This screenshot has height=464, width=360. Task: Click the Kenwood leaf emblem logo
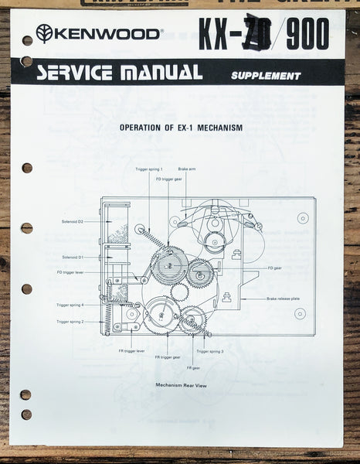click(x=44, y=33)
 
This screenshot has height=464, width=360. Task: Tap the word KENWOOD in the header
click(x=107, y=33)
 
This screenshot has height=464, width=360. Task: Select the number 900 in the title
click(x=307, y=34)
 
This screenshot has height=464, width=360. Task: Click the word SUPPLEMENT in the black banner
click(x=265, y=76)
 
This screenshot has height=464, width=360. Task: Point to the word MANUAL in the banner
click(x=165, y=73)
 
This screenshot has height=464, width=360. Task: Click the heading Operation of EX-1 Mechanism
click(x=182, y=127)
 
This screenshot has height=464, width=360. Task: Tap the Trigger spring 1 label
click(x=148, y=169)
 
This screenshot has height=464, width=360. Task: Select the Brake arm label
click(x=187, y=169)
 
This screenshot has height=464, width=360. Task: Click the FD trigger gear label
click(x=168, y=179)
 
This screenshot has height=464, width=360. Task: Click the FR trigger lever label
click(x=132, y=350)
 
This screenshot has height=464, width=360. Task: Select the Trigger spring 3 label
click(x=209, y=350)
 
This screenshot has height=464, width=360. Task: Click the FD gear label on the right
click(x=274, y=268)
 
